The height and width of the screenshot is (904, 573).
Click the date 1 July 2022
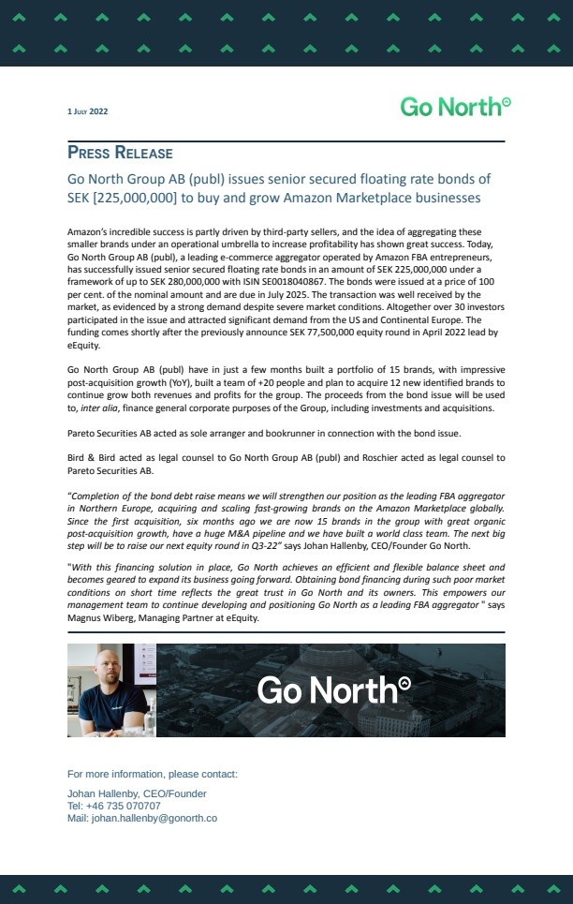click(x=88, y=111)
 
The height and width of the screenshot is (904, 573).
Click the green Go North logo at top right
click(x=455, y=107)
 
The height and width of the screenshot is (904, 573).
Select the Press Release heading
click(x=120, y=153)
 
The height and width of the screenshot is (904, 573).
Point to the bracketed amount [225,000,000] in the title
click(x=135, y=198)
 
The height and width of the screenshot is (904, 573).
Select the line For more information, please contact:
click(x=153, y=774)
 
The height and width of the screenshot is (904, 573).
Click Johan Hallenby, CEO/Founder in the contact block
click(x=137, y=793)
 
